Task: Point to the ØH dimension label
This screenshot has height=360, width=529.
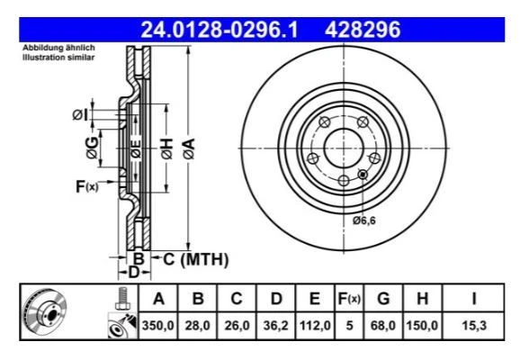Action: click(x=166, y=150)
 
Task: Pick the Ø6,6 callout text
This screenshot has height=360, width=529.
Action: click(x=365, y=220)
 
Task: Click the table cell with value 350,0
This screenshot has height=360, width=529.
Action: click(x=158, y=327)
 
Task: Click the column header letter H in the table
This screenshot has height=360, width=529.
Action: click(x=423, y=298)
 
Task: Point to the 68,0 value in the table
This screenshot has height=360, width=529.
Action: click(x=384, y=327)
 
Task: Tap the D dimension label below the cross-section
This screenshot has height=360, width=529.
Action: click(x=131, y=271)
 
